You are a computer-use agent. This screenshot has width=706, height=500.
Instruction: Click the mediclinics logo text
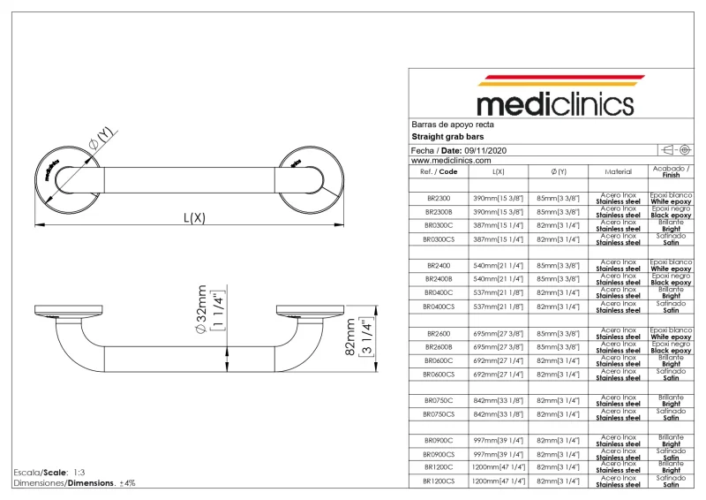(555, 103)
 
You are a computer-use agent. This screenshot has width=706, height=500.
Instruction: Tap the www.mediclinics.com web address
(450, 160)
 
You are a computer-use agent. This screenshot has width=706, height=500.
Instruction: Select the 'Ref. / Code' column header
(439, 171)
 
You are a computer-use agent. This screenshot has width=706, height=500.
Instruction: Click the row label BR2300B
(439, 212)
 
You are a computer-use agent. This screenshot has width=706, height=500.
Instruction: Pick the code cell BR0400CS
(439, 307)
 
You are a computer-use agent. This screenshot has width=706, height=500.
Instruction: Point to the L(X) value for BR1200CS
(499, 481)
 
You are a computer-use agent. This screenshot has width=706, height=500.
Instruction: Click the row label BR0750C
(439, 400)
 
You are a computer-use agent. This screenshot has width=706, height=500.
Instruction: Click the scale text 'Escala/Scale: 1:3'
(49, 473)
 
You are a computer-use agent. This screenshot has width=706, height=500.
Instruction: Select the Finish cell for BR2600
(671, 333)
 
